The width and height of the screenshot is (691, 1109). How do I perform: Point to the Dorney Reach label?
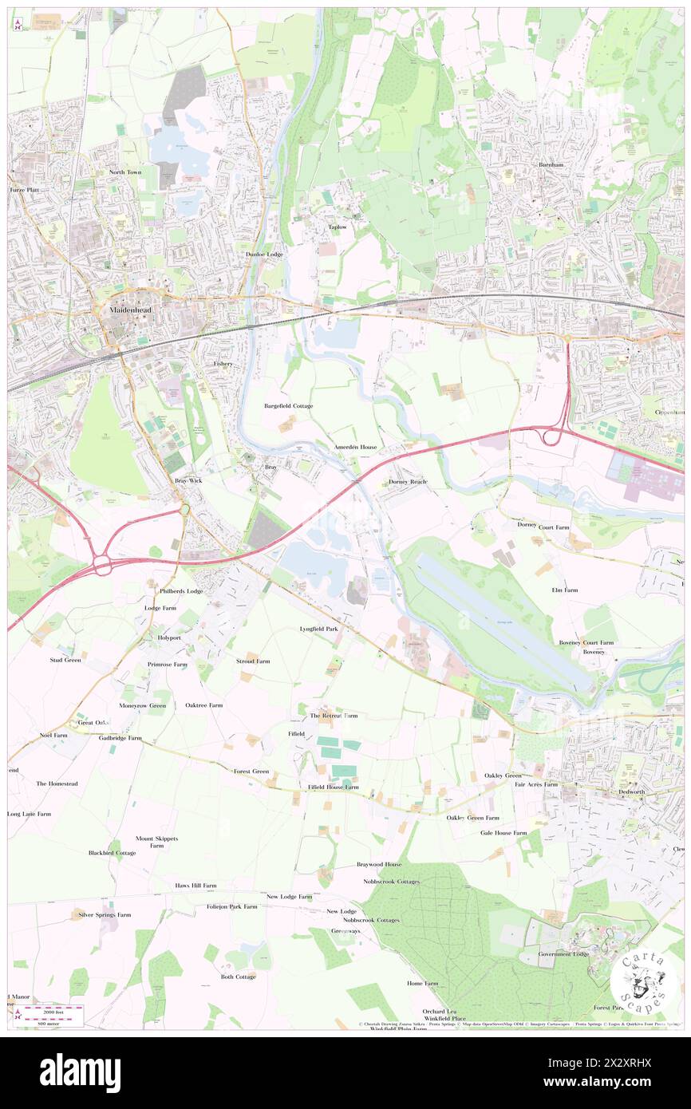pos(408,482)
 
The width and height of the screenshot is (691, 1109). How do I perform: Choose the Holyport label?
pos(170,637)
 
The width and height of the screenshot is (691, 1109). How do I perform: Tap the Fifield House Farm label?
pos(334,787)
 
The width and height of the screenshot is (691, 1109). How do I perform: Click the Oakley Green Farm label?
pos(473,818)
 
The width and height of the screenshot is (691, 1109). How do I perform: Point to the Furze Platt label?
pos(24,191)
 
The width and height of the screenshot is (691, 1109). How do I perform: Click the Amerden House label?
pos(356,448)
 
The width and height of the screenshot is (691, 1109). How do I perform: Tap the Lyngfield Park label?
pos(319,629)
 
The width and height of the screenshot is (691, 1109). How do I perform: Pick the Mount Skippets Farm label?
pos(156,842)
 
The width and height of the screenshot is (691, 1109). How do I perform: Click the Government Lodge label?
pos(563,953)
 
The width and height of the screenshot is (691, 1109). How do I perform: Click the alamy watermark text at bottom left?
pos(80,1072)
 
